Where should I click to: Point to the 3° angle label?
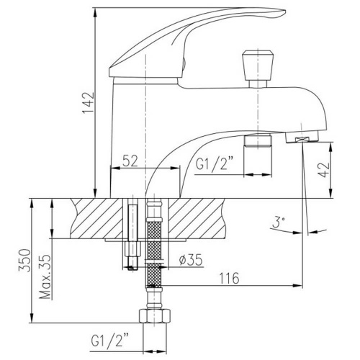tap(277, 223)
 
